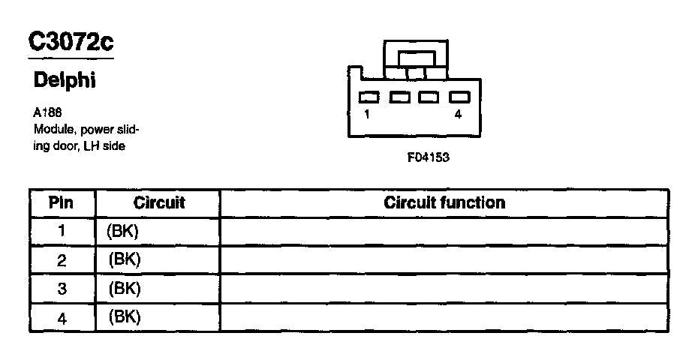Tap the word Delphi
(65, 80)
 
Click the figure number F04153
(428, 158)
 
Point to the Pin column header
(61, 203)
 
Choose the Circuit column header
(158, 203)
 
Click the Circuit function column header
(444, 203)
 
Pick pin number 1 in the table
(62, 232)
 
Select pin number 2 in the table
(62, 260)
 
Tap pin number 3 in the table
(62, 289)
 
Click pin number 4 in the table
(62, 318)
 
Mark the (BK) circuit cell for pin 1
(124, 232)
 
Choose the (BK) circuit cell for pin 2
(125, 259)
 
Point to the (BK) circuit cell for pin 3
(125, 288)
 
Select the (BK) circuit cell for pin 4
(125, 316)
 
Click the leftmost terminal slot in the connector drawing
(369, 97)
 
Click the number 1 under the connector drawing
(366, 115)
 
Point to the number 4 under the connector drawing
(458, 115)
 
